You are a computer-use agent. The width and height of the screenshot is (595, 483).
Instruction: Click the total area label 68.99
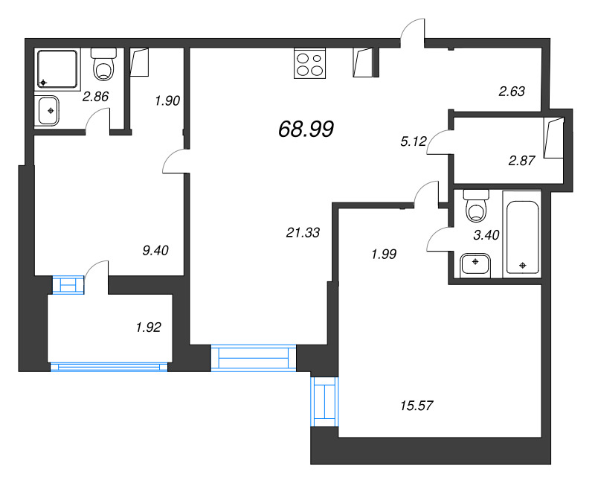[x=306, y=129]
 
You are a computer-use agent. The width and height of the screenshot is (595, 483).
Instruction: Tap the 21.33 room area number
[x=303, y=233]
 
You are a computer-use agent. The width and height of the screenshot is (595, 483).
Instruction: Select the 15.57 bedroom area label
[x=416, y=406]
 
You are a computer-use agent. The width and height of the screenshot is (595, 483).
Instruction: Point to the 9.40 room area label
[x=156, y=250]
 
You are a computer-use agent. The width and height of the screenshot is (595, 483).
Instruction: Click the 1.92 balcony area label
[x=148, y=325]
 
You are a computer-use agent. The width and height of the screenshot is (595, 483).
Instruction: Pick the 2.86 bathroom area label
[x=96, y=96]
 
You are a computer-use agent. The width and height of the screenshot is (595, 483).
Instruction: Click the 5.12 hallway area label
[x=412, y=142]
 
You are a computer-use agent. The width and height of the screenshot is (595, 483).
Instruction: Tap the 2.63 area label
[x=512, y=92]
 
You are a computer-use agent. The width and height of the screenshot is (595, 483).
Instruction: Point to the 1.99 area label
[x=383, y=254]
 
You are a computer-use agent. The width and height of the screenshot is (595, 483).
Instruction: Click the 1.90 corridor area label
[x=167, y=100]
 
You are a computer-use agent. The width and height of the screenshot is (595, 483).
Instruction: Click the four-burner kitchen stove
[x=310, y=63]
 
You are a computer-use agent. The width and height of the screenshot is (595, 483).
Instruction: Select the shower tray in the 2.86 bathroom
[x=58, y=68]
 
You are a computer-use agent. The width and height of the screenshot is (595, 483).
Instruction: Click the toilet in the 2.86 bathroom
[x=103, y=65]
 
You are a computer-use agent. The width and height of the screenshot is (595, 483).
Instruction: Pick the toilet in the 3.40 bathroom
[x=475, y=206]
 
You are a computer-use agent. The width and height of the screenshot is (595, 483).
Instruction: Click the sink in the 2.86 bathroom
[x=50, y=111]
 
